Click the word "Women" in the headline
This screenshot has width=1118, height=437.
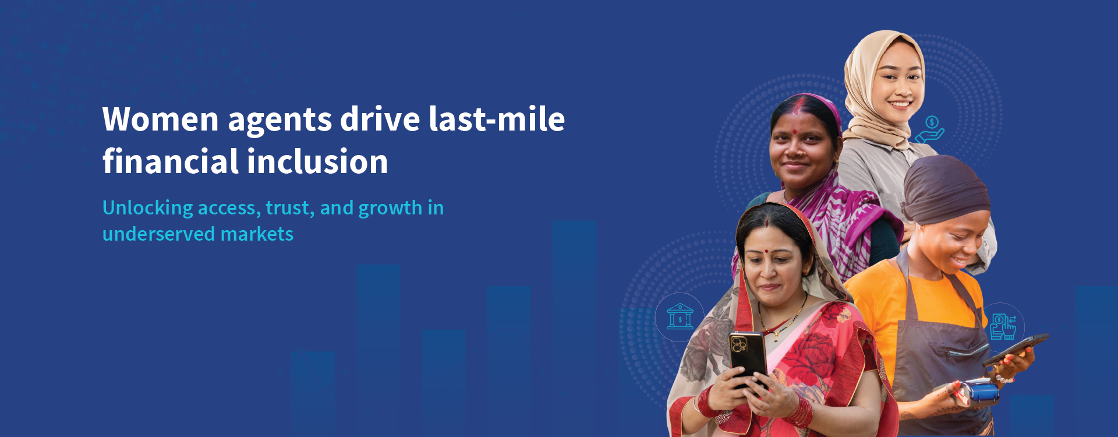click(161, 120)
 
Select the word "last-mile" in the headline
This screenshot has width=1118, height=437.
click(497, 119)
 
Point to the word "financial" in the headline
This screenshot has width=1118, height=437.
click(169, 162)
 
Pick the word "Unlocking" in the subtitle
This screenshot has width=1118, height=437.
click(148, 208)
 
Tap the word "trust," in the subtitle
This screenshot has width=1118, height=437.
click(290, 208)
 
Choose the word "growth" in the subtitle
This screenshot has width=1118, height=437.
click(390, 208)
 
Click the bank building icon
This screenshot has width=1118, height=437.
click(680, 317)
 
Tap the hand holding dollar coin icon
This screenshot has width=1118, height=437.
click(930, 130)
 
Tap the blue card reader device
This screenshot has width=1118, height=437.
click(979, 392)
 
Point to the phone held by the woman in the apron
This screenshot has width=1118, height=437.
click(1016, 349)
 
